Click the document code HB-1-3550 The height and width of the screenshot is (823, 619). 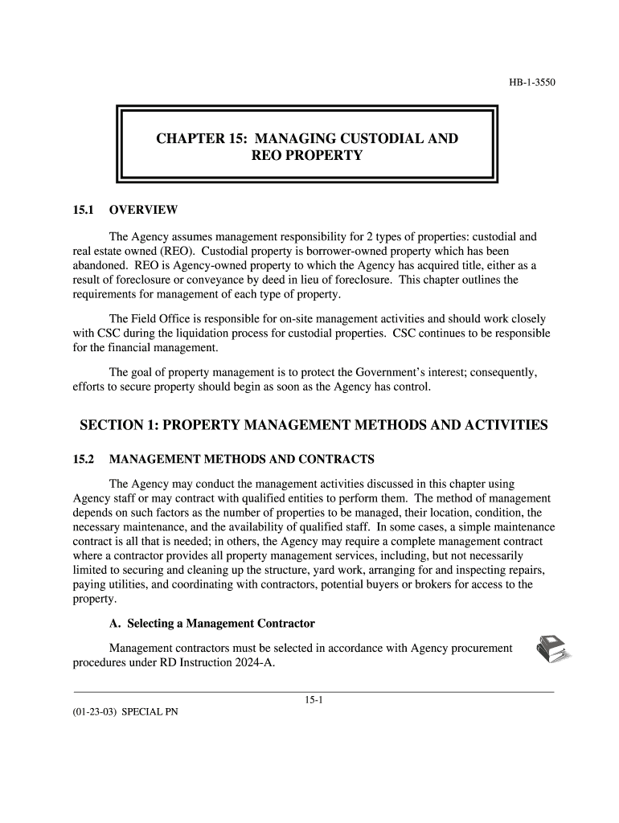click(533, 82)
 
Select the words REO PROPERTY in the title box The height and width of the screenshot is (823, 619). click(307, 155)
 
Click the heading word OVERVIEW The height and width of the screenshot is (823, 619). click(143, 211)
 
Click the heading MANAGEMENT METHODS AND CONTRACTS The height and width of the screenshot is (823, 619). click(241, 460)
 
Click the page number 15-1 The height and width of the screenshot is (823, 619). click(314, 700)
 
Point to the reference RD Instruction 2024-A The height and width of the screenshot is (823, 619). click(224, 663)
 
